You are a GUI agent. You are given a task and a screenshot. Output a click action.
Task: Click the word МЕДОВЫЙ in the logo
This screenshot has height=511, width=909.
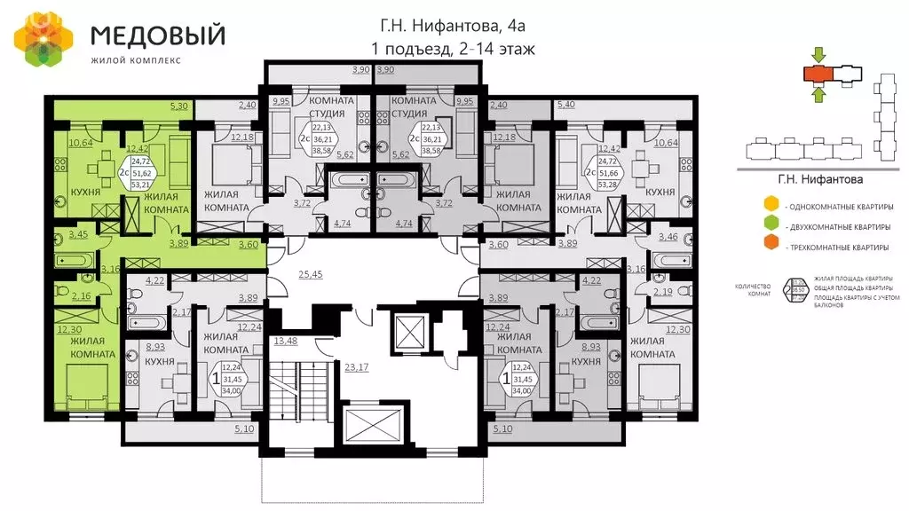coord(157,35)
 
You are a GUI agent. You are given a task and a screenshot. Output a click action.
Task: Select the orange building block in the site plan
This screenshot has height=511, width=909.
coord(816,73)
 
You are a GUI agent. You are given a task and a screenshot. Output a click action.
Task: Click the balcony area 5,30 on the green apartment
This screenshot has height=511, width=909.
coord(178,107)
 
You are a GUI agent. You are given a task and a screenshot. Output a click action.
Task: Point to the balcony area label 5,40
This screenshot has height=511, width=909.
coord(565,107)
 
